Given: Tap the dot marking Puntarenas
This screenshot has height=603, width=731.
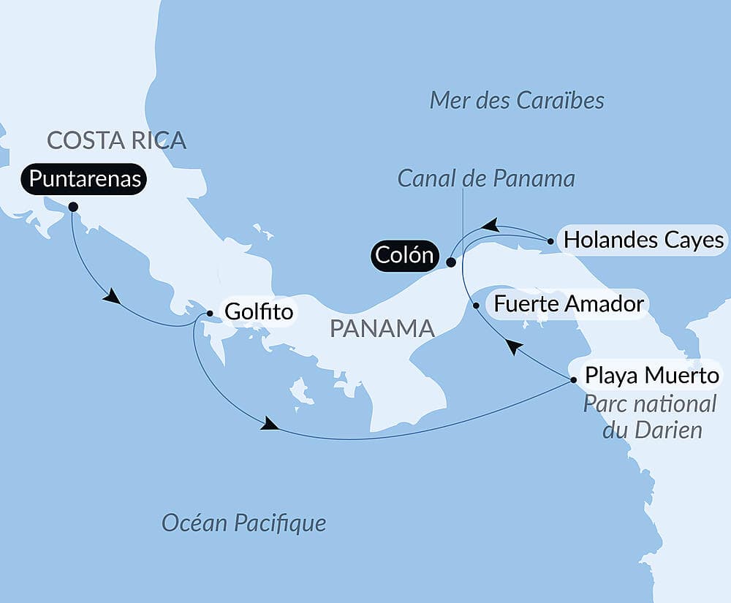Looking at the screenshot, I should click(x=73, y=207).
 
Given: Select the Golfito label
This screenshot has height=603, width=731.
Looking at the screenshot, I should click(x=258, y=312).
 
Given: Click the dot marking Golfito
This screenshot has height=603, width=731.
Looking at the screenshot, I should click(x=210, y=314).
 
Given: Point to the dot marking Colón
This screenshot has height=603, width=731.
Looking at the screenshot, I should click(x=452, y=262).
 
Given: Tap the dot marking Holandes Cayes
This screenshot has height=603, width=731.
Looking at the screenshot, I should click(x=550, y=240).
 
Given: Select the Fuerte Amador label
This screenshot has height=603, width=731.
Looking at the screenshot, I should click(x=569, y=303).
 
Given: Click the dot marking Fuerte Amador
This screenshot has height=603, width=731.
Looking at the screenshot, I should click(x=477, y=306).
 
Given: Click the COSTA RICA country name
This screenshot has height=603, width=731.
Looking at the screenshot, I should click(x=116, y=140).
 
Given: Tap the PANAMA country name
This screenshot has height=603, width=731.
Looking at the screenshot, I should click(x=382, y=328).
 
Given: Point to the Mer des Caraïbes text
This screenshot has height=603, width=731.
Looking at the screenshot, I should click(x=517, y=100).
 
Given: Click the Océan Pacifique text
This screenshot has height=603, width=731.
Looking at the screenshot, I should click(x=243, y=523).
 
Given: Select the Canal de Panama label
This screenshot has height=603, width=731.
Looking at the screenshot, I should click(x=486, y=178).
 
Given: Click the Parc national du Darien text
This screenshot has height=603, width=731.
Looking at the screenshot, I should click(x=650, y=417).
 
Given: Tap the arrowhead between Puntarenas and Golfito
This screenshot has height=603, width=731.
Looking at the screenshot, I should click(x=110, y=297).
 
